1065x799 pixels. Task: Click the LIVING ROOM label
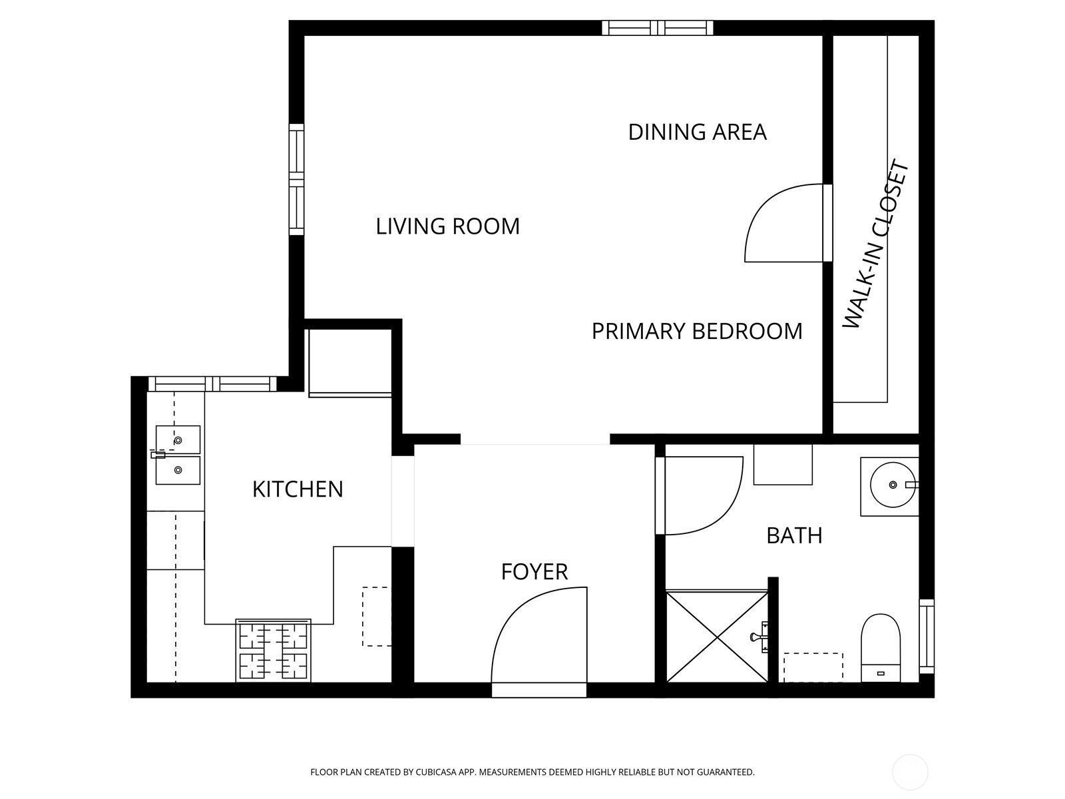(447, 226)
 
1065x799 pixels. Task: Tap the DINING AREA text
(697, 133)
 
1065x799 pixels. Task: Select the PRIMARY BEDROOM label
(697, 332)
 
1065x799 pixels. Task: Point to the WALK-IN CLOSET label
(875, 244)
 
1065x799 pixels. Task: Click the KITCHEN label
(298, 489)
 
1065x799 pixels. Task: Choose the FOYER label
(534, 572)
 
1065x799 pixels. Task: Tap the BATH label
(794, 535)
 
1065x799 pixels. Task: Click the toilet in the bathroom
(881, 648)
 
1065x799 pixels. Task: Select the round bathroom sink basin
(893, 485)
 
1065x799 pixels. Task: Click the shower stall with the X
(717, 636)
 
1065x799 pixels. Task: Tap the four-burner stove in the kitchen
(273, 651)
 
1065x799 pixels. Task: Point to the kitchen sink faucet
(158, 455)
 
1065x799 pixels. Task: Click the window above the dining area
(658, 28)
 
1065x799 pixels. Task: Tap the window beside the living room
(296, 180)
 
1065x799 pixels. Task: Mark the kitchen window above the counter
(212, 384)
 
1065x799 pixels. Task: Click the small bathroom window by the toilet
(927, 636)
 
